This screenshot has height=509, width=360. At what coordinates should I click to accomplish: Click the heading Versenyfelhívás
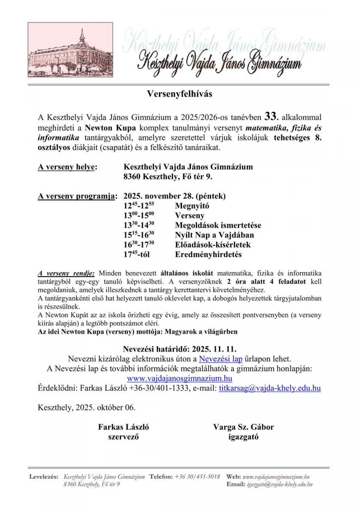[179, 94]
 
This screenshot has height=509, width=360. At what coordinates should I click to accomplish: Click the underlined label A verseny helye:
[67, 167]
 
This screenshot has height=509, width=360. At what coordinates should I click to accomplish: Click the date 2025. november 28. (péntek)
[175, 196]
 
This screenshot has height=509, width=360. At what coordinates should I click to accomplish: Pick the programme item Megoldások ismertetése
[218, 225]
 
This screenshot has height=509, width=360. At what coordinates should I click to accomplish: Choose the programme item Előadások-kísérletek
[212, 245]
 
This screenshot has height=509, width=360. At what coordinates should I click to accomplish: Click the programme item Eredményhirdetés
[208, 255]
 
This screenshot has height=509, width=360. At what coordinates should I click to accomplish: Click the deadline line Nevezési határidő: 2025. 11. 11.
[179, 349]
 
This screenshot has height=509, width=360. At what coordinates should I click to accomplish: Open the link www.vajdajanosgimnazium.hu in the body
[179, 378]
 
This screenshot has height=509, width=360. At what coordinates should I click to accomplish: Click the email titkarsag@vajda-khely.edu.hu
[270, 388]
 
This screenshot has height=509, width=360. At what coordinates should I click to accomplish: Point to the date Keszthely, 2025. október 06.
[87, 407]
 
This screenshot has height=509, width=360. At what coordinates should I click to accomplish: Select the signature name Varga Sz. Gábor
[243, 427]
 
